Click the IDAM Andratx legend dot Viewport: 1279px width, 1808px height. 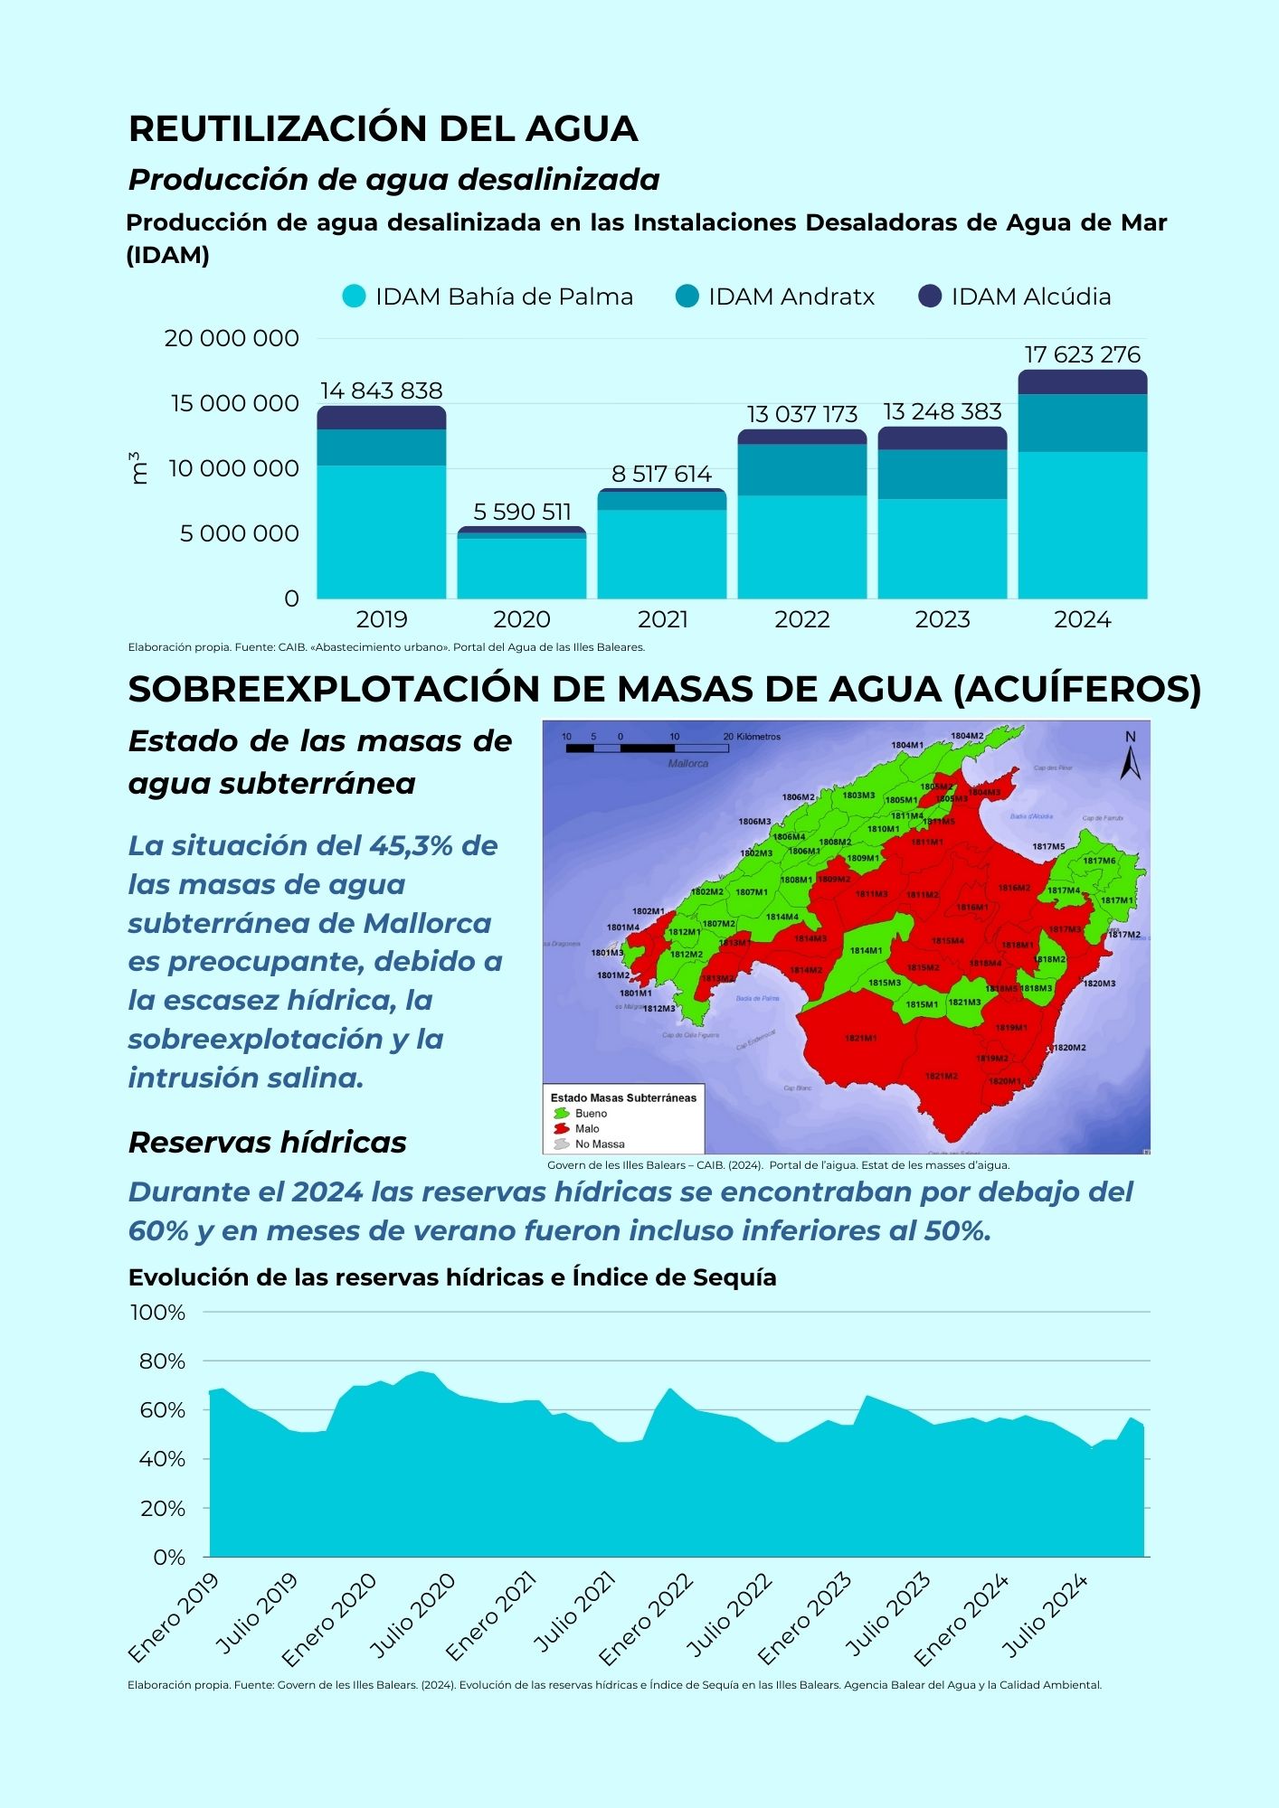(x=687, y=297)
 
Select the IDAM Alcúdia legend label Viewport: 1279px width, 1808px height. (x=1030, y=297)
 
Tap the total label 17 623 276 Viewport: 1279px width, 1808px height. (x=1082, y=354)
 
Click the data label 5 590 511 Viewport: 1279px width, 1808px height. (x=522, y=512)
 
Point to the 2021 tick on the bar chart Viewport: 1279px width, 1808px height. (x=662, y=619)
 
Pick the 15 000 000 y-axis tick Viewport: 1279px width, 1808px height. (x=235, y=403)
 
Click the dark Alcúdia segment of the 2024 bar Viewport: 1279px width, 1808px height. (x=1082, y=382)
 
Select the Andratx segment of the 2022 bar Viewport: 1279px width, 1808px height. (x=801, y=470)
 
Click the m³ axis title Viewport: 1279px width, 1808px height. (x=138, y=468)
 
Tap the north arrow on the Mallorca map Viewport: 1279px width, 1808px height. (x=1130, y=758)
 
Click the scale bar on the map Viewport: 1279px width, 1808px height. (x=648, y=748)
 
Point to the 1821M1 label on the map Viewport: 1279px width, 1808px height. (x=860, y=1038)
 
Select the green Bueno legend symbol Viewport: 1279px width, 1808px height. (x=561, y=1114)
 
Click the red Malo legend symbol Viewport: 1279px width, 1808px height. (x=561, y=1129)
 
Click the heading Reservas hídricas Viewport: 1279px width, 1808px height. (x=267, y=1142)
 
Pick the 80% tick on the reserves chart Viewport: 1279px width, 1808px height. (x=162, y=1361)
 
